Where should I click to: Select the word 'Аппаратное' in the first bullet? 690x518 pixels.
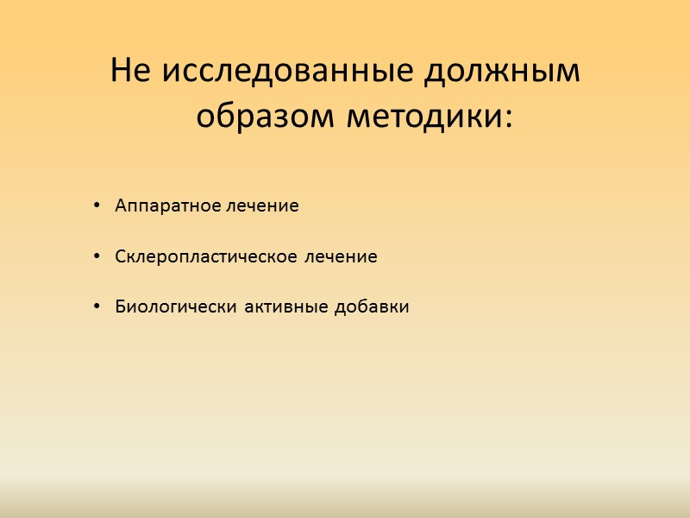(x=169, y=206)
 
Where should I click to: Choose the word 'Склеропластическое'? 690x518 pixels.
(x=204, y=256)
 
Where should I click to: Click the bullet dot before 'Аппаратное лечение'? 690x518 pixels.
(x=95, y=206)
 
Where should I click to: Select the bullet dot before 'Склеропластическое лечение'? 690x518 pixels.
(x=95, y=256)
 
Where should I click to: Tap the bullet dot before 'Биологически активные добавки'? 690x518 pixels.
(x=95, y=306)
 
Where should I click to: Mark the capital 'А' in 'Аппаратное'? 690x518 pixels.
(x=120, y=206)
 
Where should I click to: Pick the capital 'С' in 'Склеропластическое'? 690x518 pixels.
(x=120, y=256)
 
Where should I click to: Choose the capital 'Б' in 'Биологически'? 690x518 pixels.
(x=120, y=306)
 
